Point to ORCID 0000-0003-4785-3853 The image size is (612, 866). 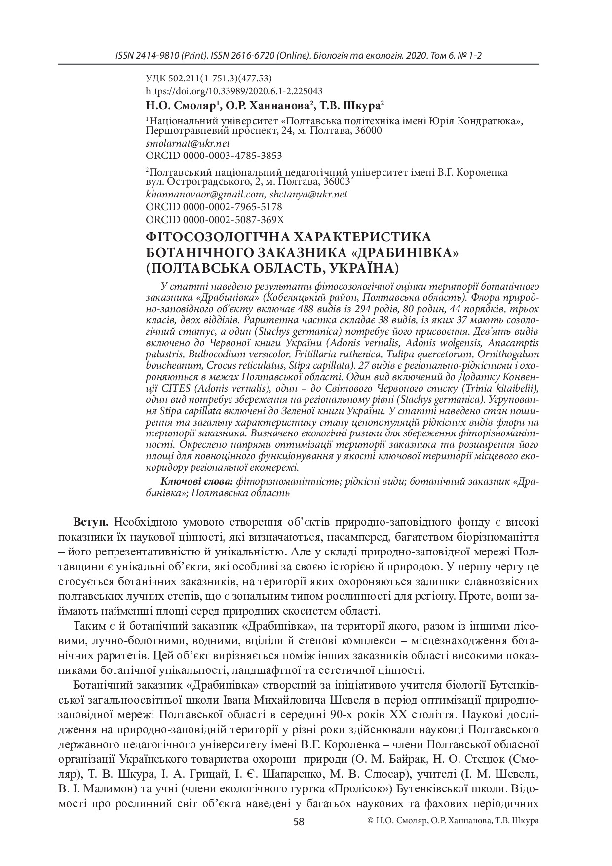(x=214, y=156)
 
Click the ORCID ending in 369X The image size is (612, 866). (x=215, y=219)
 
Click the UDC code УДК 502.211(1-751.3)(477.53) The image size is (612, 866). (x=209, y=79)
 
